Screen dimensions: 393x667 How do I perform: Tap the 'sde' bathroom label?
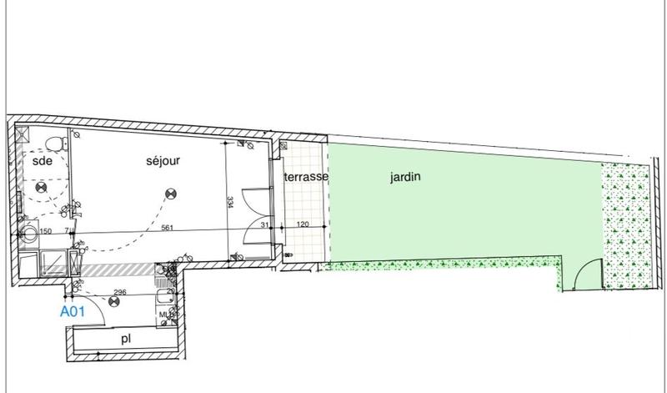point(42,164)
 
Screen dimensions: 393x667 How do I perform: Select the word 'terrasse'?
point(305,177)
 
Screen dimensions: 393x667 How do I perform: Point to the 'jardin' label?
point(404,177)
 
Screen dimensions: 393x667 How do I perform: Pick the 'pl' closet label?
point(125,340)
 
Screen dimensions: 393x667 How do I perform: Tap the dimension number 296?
point(118,292)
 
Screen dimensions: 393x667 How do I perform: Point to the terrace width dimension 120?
point(304,225)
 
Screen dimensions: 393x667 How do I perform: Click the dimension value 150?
point(46,232)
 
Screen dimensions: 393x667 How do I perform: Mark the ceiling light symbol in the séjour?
point(169,194)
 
